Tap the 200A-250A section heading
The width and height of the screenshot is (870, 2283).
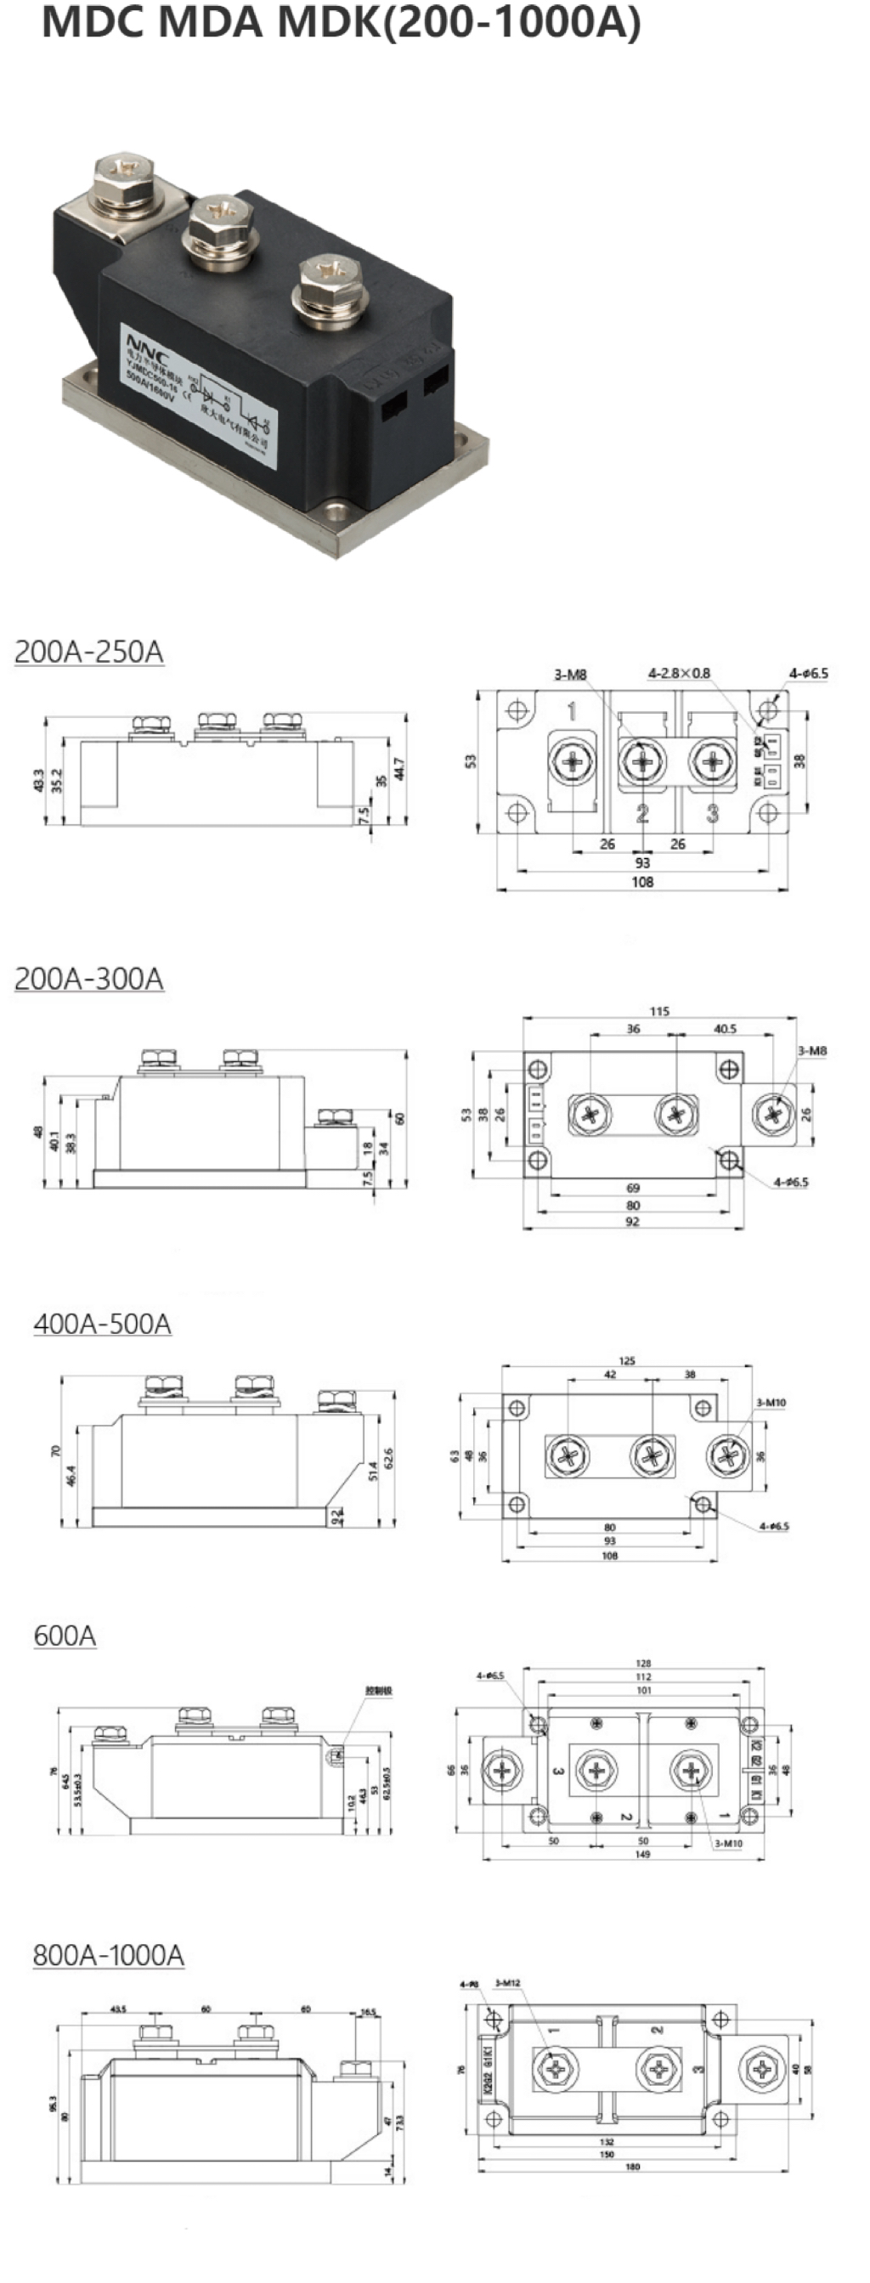point(88,652)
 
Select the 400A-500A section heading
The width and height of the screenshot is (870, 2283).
point(102,1323)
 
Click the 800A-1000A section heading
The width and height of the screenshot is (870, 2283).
point(108,1954)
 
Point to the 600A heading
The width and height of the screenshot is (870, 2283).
point(65,1636)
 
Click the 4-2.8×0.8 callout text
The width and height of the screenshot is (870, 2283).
point(679,674)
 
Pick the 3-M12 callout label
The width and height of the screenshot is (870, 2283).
point(508,1982)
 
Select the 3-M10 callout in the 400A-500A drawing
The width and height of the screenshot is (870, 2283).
point(771,1403)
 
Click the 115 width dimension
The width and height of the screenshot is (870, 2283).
point(659,1011)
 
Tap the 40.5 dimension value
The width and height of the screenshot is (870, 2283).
point(725,1029)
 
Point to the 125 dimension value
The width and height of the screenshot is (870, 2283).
point(627,1360)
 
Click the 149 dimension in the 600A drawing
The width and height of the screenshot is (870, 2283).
point(642,1854)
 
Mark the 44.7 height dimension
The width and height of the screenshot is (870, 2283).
point(399,768)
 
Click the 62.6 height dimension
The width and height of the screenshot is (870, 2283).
point(388,1458)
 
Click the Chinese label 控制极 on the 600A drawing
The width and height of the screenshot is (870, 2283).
point(378,1691)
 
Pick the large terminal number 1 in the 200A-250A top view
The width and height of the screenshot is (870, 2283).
point(573,711)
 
